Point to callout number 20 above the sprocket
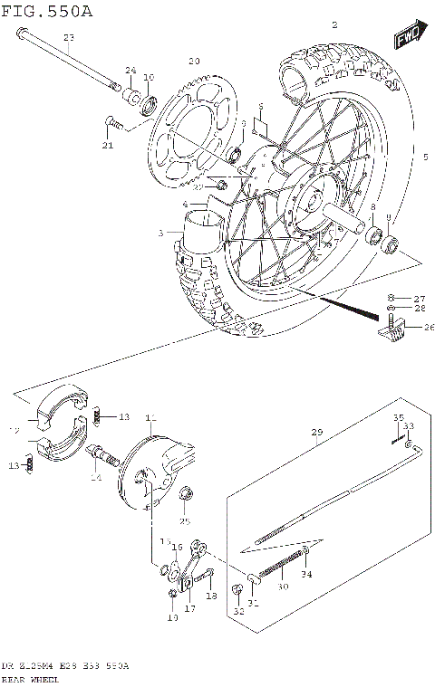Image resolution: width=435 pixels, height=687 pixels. pos(192,61)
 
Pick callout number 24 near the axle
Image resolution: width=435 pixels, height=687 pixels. pos(130,71)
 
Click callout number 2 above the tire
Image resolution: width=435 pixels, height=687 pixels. pos(334,25)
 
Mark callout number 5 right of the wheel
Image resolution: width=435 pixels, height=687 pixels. pos(424,157)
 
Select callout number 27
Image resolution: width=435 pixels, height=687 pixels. pos(418,298)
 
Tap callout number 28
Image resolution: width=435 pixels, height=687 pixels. pos(418,310)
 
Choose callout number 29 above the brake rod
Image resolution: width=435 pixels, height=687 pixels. pos(316,434)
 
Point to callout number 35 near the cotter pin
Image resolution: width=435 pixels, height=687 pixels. pos(397,417)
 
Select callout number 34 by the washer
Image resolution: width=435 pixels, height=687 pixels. pos(304,574)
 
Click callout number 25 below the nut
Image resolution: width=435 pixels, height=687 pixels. pos(185,521)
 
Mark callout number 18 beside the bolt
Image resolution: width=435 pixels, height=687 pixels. pos(210,596)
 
